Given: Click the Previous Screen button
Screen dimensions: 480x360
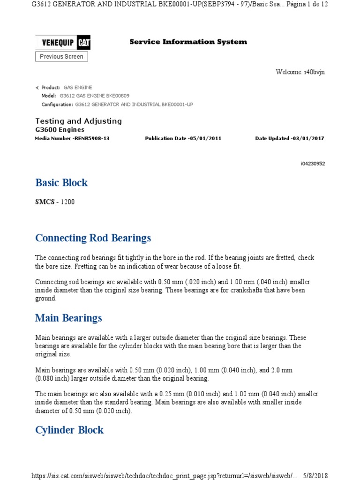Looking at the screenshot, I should click(61, 57).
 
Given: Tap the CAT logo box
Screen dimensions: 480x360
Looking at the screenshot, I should click(84, 43).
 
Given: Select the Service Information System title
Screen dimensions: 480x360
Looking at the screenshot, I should click(188, 42).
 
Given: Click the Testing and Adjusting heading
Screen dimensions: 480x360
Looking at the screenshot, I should click(79, 121).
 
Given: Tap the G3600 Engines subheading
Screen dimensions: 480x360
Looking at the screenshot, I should click(60, 129).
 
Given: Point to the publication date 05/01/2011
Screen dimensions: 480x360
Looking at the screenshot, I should click(205, 139).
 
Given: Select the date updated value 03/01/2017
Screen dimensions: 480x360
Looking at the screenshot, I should click(307, 139).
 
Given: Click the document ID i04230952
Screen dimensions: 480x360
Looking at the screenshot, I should click(313, 164).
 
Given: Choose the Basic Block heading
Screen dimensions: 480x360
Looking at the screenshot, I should click(61, 182).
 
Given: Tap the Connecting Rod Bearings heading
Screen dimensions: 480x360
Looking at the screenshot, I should click(93, 238).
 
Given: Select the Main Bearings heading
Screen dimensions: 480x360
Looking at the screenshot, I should click(68, 318).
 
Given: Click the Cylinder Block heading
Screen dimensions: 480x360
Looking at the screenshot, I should click(69, 430).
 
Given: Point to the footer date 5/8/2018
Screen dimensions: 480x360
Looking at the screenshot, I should click(315, 475).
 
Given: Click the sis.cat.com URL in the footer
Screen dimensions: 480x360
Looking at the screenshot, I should click(164, 475).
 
